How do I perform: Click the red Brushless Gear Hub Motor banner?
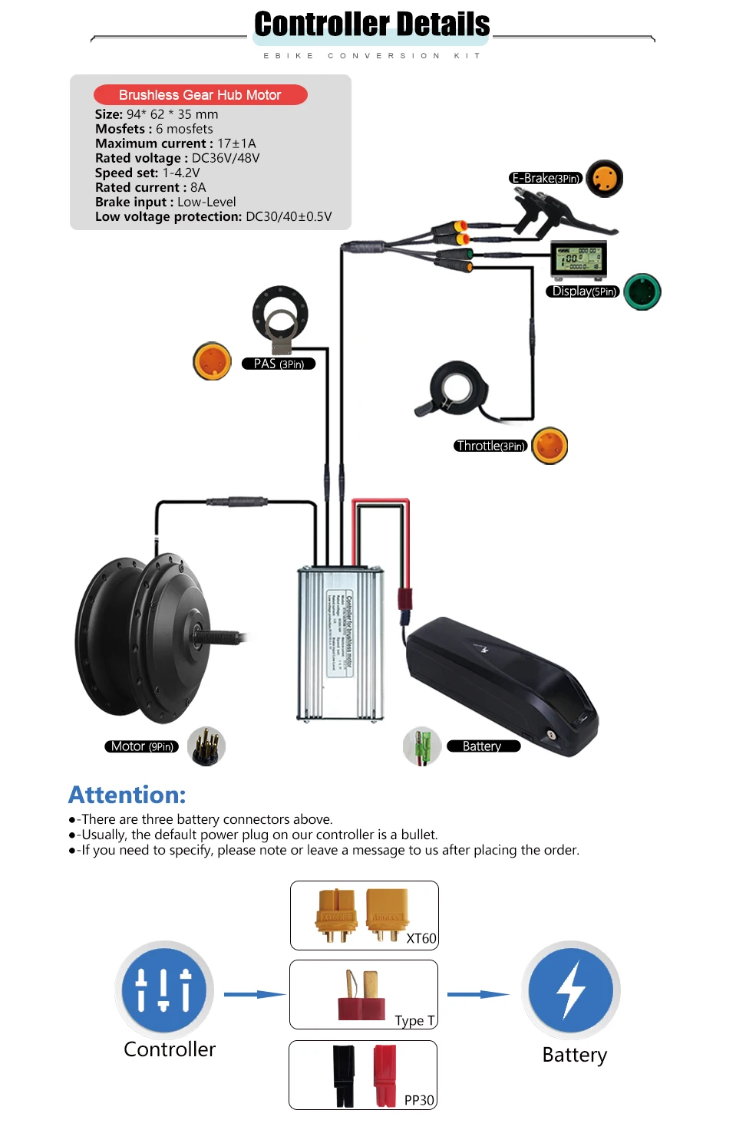[200, 95]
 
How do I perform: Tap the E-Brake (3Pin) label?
[546, 179]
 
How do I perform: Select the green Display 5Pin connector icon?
[642, 291]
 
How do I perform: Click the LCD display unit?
[579, 259]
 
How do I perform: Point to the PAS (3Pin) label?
[279, 364]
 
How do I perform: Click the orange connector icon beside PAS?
[212, 361]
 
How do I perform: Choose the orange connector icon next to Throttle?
[550, 446]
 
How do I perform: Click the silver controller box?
[340, 644]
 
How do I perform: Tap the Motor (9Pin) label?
[141, 746]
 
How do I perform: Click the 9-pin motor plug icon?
[206, 746]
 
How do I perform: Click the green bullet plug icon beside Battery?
[421, 746]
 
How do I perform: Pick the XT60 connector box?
[365, 915]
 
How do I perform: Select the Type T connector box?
[364, 994]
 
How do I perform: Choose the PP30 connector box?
[363, 1075]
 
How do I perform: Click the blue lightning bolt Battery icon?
[571, 990]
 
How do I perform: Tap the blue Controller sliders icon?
[164, 990]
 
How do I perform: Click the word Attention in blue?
[127, 795]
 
